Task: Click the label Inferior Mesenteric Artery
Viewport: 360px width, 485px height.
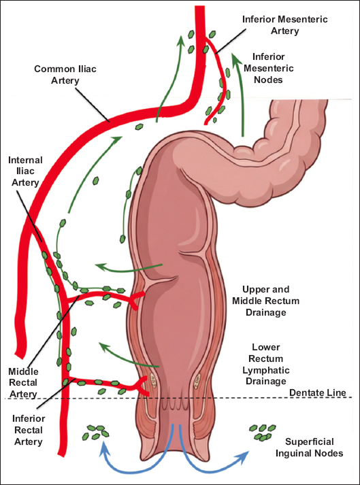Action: click(284, 25)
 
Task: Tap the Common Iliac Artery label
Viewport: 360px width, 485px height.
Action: click(65, 75)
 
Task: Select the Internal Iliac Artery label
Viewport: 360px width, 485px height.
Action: click(25, 171)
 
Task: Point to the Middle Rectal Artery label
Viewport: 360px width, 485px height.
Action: click(23, 382)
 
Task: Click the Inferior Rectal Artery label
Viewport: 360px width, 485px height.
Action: click(29, 430)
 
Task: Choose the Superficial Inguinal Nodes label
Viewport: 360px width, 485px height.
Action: click(309, 448)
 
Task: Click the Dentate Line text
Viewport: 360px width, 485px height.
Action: click(318, 392)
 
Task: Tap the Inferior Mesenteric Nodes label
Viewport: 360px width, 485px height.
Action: click(268, 68)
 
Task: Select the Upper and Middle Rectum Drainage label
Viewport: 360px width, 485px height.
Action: click(266, 301)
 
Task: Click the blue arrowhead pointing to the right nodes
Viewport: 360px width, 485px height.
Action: click(243, 454)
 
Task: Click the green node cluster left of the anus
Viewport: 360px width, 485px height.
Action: click(96, 432)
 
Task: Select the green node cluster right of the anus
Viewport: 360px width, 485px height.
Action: click(263, 432)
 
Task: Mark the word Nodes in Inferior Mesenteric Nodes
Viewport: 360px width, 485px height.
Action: click(268, 80)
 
